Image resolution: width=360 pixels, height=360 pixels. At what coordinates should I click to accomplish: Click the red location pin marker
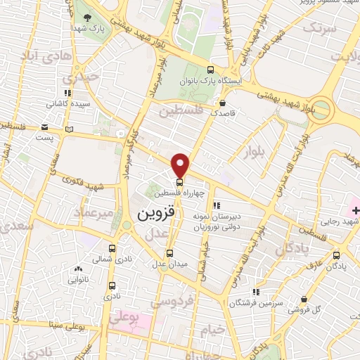pyautogui.click(x=181, y=165)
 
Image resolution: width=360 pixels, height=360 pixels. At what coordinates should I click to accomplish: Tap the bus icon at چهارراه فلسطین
pyautogui.click(x=179, y=183)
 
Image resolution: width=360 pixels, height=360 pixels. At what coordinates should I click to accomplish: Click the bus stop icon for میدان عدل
pyautogui.click(x=169, y=254)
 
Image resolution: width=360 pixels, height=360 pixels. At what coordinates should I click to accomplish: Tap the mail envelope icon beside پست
pyautogui.click(x=45, y=127)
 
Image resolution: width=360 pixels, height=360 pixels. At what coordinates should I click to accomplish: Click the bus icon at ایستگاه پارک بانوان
pyautogui.click(x=211, y=70)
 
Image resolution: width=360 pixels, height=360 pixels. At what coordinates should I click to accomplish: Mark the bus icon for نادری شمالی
pyautogui.click(x=112, y=249)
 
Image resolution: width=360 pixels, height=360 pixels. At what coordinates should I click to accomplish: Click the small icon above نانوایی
pyautogui.click(x=78, y=269)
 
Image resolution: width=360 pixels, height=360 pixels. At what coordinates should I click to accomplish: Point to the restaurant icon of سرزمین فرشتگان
pyautogui.click(x=256, y=291)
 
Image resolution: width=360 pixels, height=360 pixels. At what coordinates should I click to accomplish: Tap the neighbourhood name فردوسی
pyautogui.click(x=169, y=302)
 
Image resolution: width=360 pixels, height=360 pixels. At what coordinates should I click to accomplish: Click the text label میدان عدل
pyautogui.click(x=169, y=265)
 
